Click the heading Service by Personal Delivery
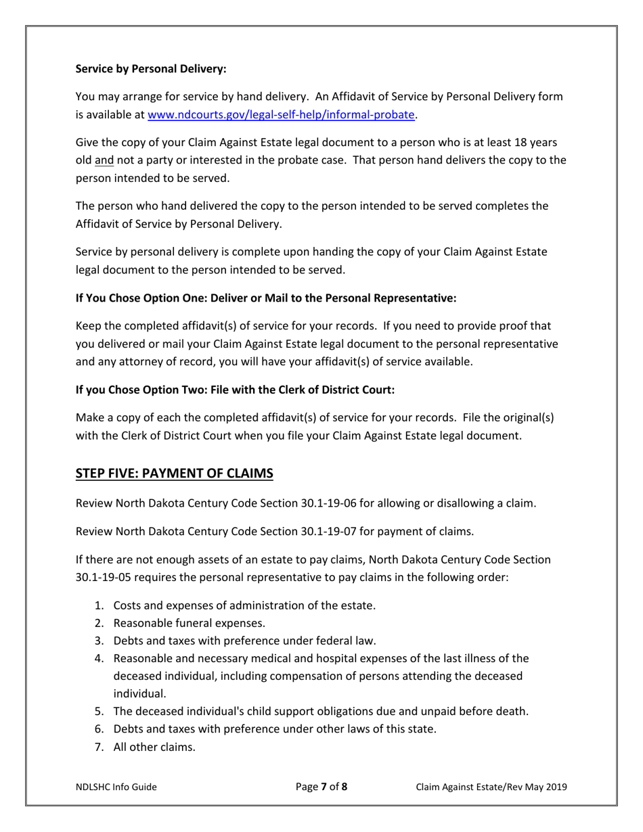tap(151, 68)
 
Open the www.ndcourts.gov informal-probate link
tap(280, 115)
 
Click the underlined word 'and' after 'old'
tap(104, 161)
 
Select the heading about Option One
tap(266, 298)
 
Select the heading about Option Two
tap(235, 390)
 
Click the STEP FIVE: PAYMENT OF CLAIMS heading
tap(174, 473)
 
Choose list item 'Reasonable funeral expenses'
tap(189, 623)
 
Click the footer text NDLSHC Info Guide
tap(116, 787)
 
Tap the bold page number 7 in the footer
tap(324, 787)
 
